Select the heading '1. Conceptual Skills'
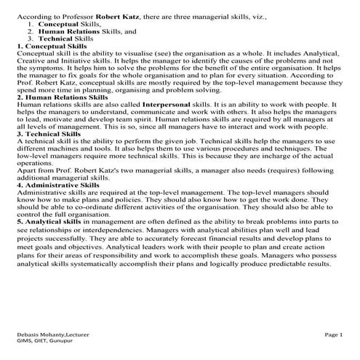pyautogui.click(x=52, y=46)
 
